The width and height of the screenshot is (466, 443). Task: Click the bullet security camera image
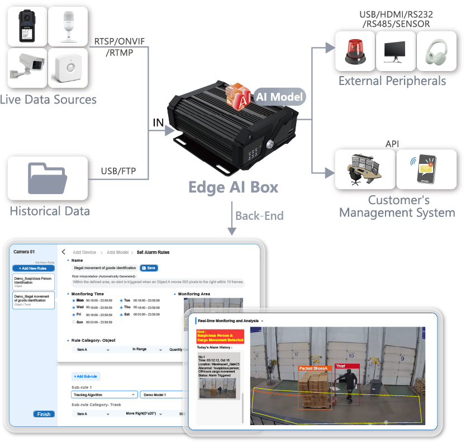pyautogui.click(x=26, y=67)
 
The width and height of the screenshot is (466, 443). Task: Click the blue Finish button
pyautogui.click(x=43, y=414)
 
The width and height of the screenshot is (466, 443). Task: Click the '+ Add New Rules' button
pyautogui.click(x=33, y=268)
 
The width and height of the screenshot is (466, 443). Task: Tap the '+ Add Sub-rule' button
pyautogui.click(x=86, y=377)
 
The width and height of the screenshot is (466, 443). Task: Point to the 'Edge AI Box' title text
pyautogui.click(x=233, y=187)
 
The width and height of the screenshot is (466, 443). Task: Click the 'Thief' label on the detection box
pyautogui.click(x=340, y=366)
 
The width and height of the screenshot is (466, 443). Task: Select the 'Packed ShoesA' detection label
pyautogui.click(x=313, y=368)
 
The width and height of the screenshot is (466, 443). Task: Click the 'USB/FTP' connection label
pyautogui.click(x=118, y=170)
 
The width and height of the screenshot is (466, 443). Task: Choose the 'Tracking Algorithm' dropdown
pyautogui.click(x=104, y=394)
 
